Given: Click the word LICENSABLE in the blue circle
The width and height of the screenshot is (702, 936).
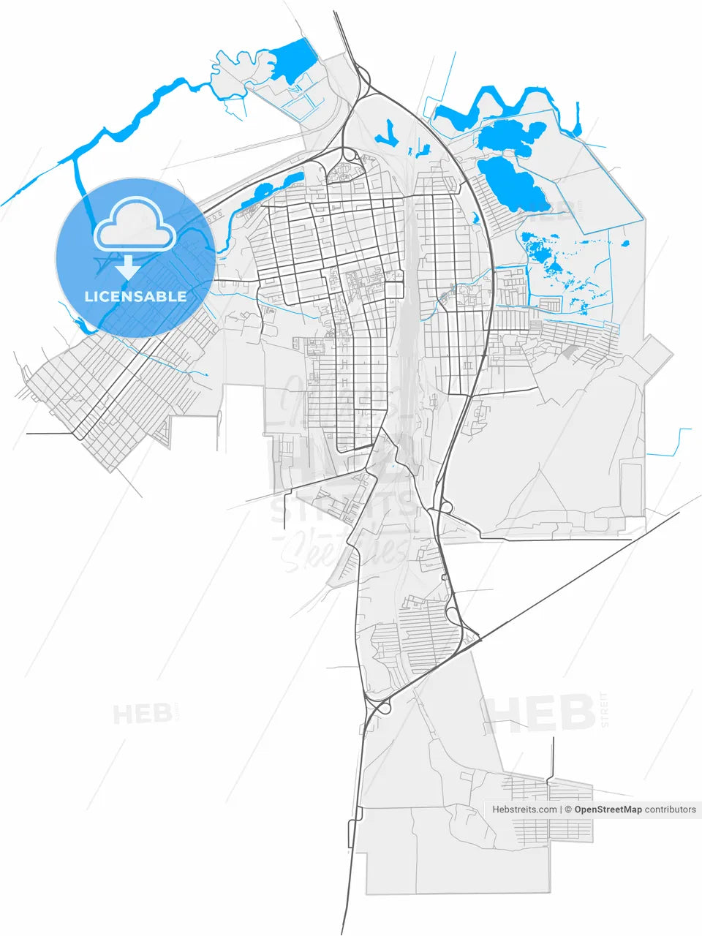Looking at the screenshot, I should (x=135, y=296).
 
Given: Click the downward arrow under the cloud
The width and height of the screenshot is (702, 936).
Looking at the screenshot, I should (x=129, y=266).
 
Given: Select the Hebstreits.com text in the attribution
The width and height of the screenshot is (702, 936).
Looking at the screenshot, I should (x=524, y=809).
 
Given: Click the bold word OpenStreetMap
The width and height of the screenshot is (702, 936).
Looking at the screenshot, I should (x=608, y=809).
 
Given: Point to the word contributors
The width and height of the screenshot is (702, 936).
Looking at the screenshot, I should (x=671, y=809).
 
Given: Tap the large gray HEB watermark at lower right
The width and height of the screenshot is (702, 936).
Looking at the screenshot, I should (x=540, y=713).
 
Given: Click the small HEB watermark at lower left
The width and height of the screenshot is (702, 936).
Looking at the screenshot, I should (x=142, y=714).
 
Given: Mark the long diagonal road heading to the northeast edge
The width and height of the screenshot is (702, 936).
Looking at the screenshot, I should (x=585, y=570).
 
